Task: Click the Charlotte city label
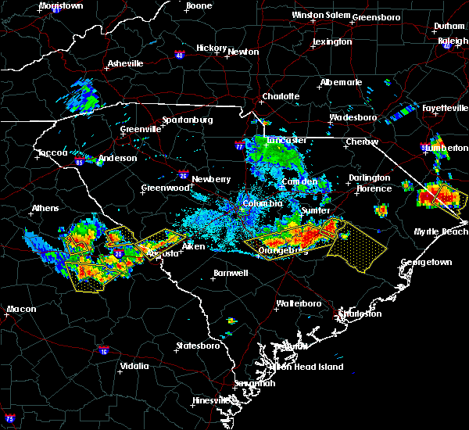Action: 281,96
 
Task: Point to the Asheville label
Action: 125,63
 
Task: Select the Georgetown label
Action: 427,263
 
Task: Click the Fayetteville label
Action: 442,107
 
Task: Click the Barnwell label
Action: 230,273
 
